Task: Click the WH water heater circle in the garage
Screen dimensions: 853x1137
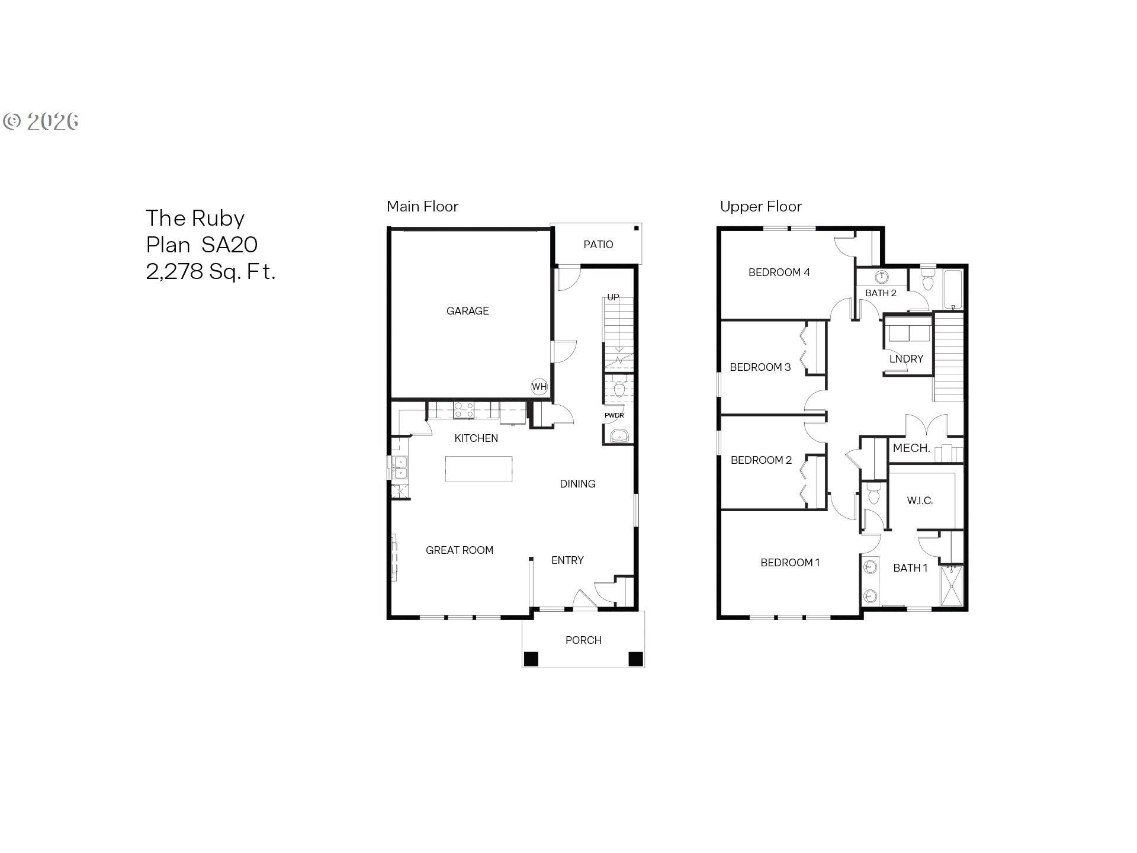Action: (x=539, y=387)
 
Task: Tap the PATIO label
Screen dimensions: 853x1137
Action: (x=598, y=245)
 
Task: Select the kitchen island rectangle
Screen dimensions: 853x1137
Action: (x=478, y=469)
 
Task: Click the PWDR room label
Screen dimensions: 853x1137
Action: (x=614, y=415)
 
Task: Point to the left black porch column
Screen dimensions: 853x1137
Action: (x=531, y=659)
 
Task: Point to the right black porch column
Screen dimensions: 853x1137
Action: (x=635, y=659)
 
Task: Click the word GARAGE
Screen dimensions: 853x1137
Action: (x=467, y=311)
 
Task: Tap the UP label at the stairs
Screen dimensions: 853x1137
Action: (x=613, y=297)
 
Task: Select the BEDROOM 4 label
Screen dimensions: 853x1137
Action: (x=779, y=272)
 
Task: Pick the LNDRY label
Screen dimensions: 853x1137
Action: (x=906, y=359)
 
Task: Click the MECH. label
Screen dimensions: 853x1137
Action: (x=911, y=448)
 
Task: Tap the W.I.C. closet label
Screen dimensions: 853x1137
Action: (x=920, y=501)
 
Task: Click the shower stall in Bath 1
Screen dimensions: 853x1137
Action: (x=951, y=586)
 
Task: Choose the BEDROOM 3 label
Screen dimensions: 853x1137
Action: (x=760, y=367)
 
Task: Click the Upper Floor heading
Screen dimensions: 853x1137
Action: (x=760, y=207)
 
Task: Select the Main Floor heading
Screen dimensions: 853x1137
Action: (x=422, y=207)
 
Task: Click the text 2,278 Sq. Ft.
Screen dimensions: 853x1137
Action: (x=211, y=271)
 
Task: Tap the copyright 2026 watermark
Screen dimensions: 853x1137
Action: (x=41, y=121)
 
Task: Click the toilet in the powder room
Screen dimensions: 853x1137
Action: (x=619, y=389)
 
